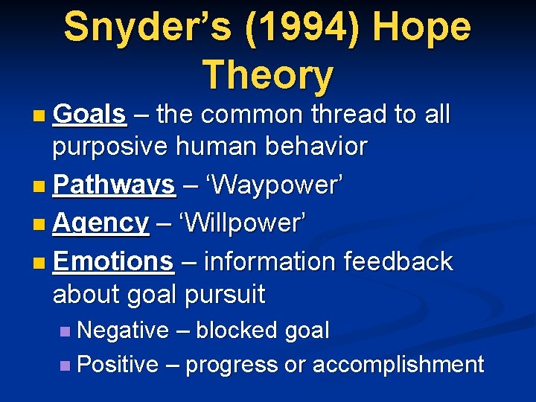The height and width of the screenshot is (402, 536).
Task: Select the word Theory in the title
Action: [x=268, y=74]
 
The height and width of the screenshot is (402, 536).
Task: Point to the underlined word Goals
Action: [x=89, y=114]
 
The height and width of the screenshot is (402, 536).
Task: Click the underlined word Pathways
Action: [x=114, y=184]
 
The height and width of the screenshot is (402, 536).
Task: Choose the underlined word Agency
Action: [x=101, y=222]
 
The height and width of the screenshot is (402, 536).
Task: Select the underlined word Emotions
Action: [x=113, y=261]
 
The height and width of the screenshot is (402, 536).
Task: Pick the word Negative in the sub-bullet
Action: [x=123, y=330]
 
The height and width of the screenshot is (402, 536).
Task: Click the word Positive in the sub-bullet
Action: [x=118, y=364]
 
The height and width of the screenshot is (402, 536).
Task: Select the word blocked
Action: [x=232, y=330]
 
